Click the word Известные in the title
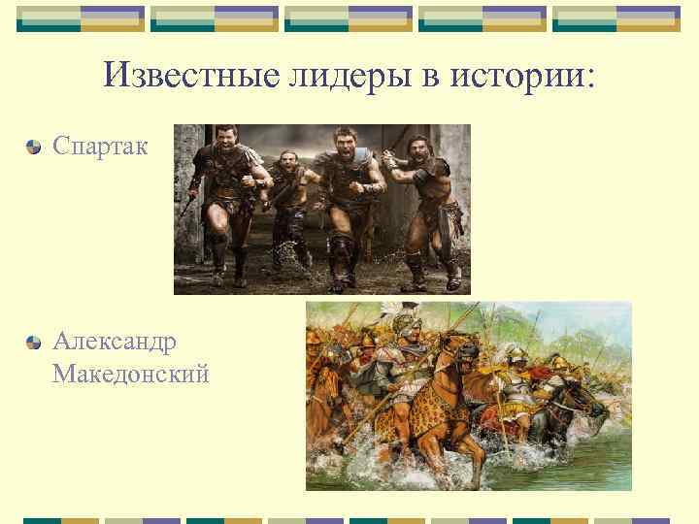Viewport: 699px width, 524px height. tap(190, 75)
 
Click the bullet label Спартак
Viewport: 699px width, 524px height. tap(100, 147)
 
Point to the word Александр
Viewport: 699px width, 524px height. tap(115, 342)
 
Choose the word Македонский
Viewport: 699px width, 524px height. tap(131, 373)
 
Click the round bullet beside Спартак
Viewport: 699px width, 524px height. tap(35, 147)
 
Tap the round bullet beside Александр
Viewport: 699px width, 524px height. tap(35, 343)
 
